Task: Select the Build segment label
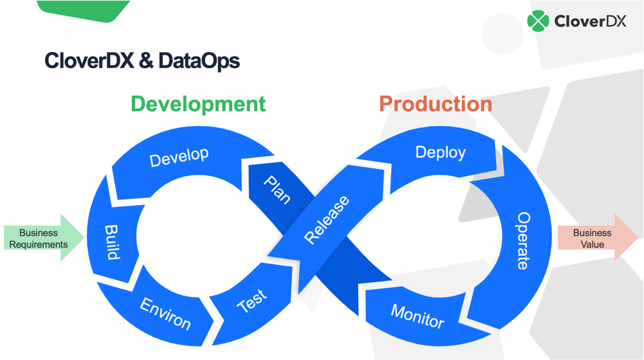pos(112,242)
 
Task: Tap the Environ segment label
pos(166,312)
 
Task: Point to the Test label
pos(252,300)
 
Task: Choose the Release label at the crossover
pos(327,220)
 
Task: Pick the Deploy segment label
pos(440,152)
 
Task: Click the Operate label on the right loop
pos(524,240)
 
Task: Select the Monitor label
pos(418,316)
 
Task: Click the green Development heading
pos(198,104)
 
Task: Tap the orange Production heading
pos(436,104)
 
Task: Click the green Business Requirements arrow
pos(42,239)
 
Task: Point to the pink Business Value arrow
pos(596,238)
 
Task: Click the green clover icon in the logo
pos(538,21)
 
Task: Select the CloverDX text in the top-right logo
pos(589,21)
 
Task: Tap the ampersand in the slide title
pos(146,61)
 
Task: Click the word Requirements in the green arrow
pos(38,244)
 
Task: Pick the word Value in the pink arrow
pos(592,244)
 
